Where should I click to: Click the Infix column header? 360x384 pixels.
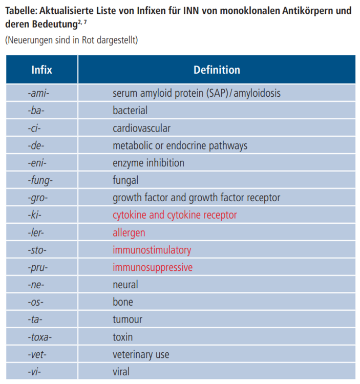41,70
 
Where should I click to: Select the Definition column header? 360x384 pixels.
217,70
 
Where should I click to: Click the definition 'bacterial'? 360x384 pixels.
130,111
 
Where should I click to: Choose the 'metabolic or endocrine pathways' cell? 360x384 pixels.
180,145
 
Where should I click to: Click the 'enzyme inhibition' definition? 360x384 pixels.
149,163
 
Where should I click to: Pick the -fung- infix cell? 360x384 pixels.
40,180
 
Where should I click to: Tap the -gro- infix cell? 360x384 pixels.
38,198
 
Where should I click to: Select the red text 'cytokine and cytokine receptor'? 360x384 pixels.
175,215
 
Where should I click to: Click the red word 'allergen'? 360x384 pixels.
129,232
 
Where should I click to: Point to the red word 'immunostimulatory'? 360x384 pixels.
152,250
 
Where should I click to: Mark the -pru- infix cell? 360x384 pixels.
38,267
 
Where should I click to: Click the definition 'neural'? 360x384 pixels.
125,285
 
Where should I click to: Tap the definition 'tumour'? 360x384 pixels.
128,319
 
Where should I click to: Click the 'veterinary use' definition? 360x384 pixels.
141,354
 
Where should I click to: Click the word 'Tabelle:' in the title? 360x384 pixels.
21,11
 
